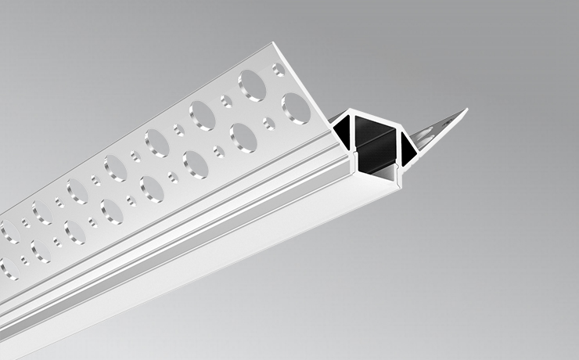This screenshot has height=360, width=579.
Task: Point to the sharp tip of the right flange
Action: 467,110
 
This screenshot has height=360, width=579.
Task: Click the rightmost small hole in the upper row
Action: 278,70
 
